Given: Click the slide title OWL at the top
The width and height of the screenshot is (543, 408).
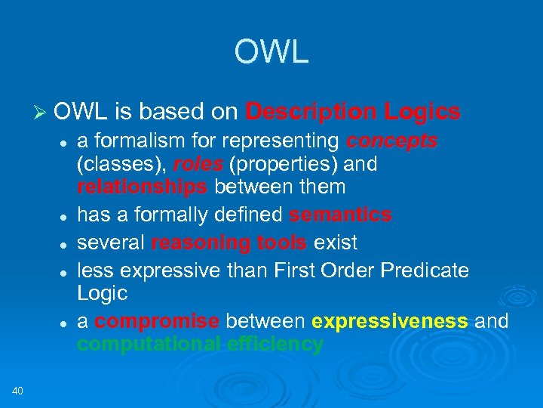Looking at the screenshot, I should pyautogui.click(x=271, y=51).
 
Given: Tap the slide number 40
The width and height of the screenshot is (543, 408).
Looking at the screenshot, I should pyautogui.click(x=19, y=390).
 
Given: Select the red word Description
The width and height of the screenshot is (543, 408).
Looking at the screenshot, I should pyautogui.click(x=311, y=112).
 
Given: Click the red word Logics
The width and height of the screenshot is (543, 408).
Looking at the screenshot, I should pyautogui.click(x=422, y=112).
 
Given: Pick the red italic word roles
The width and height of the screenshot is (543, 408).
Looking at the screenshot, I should pyautogui.click(x=198, y=164).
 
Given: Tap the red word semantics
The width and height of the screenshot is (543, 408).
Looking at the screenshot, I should pyautogui.click(x=340, y=215).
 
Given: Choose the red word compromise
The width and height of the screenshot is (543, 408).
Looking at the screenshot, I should pyautogui.click(x=158, y=321).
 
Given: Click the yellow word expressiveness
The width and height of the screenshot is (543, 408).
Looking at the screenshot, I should pyautogui.click(x=389, y=321).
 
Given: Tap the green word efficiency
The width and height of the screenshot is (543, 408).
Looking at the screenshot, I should pyautogui.click(x=277, y=344).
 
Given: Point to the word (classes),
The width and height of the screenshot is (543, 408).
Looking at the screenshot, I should pyautogui.click(x=121, y=164).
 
